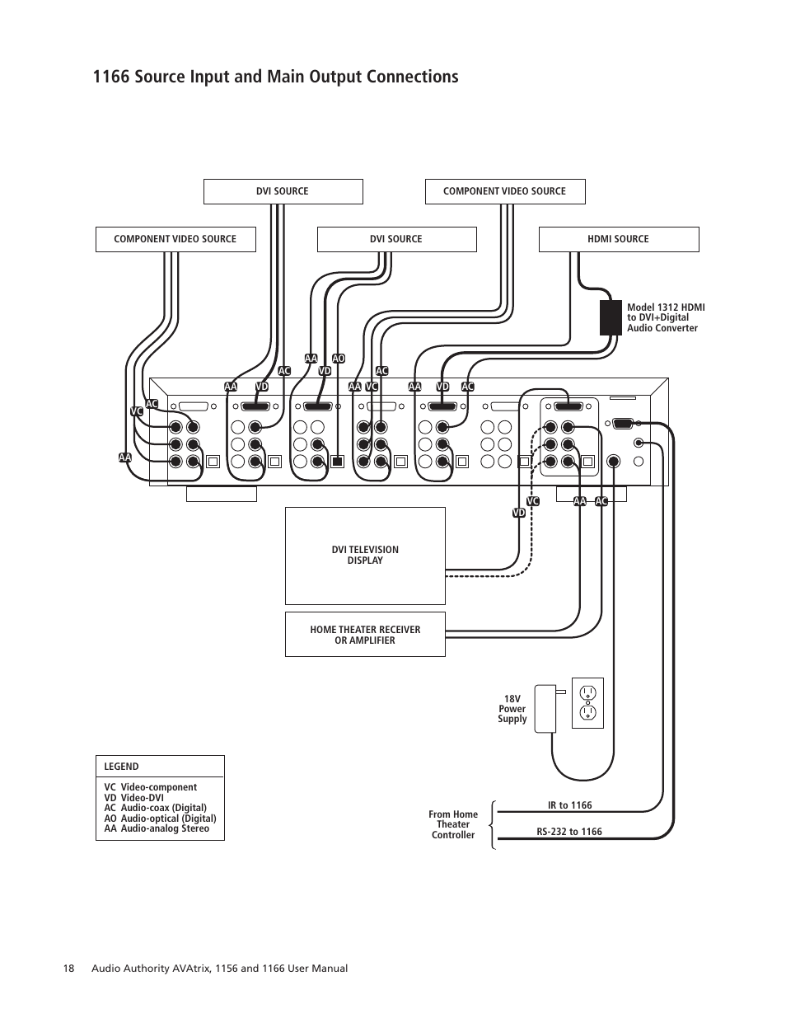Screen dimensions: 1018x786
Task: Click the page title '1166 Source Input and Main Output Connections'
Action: click(275, 77)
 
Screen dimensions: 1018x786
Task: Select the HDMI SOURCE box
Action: click(618, 239)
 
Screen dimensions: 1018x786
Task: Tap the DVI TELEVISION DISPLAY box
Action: click(365, 555)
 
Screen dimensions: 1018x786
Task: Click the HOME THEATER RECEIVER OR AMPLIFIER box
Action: click(365, 635)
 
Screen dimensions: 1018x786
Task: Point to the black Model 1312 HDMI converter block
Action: click(610, 317)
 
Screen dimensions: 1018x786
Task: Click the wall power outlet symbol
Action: click(587, 703)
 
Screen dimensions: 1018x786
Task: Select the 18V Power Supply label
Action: click(512, 709)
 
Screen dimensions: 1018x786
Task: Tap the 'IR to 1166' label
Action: click(569, 805)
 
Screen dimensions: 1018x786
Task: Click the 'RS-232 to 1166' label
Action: click(568, 832)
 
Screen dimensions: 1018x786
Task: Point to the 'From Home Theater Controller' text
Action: click(453, 824)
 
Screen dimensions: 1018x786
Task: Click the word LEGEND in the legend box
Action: click(121, 767)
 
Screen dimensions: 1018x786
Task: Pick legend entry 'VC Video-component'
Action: click(150, 787)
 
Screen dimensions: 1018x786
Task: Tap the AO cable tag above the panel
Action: click(338, 359)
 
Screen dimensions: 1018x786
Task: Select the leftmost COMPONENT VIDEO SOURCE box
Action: click(175, 239)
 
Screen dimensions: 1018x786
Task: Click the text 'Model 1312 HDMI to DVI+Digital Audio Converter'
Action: click(666, 317)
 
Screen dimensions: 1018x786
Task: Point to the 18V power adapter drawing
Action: click(545, 708)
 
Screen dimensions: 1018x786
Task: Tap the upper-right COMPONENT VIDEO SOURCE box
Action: click(504, 191)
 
